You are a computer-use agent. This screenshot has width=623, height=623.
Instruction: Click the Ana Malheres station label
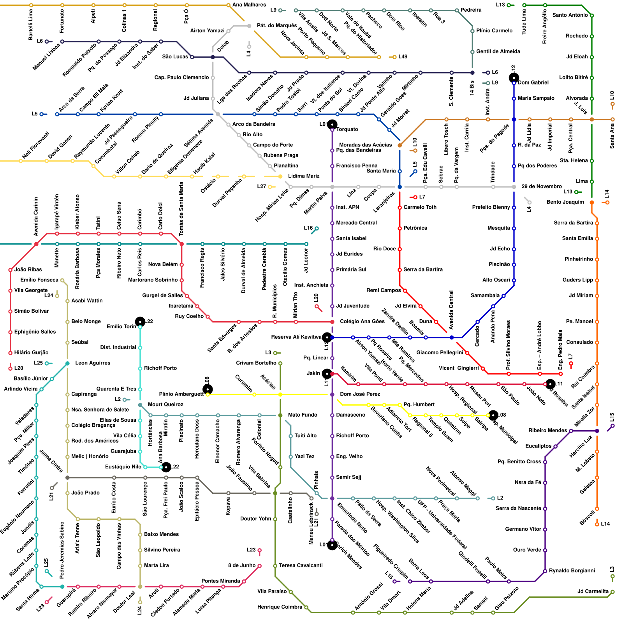(249, 5)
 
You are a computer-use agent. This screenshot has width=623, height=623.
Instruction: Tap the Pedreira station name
(471, 10)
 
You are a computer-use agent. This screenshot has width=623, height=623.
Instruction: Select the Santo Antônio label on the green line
(570, 15)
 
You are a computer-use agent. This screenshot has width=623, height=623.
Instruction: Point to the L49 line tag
(403, 57)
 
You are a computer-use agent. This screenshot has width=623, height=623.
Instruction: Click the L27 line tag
(261, 187)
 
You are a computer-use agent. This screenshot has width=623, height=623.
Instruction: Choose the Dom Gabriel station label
(533, 83)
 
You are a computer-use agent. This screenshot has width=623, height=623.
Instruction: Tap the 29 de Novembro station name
(542, 187)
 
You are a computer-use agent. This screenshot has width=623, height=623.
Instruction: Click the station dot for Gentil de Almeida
(472, 52)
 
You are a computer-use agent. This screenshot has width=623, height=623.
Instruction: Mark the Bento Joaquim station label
(565, 202)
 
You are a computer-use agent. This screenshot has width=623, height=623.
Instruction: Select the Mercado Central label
(356, 223)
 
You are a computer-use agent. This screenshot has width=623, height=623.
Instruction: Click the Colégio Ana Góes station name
(362, 322)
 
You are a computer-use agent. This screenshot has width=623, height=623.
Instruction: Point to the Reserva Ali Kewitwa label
(296, 337)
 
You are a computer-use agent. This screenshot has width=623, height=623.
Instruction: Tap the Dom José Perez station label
(360, 394)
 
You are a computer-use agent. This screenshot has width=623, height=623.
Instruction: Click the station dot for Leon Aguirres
(67, 363)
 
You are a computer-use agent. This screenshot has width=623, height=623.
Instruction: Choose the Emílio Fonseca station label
(39, 280)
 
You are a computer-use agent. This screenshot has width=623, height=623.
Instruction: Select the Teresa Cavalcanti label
(301, 565)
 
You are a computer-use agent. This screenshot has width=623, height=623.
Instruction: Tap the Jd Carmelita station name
(593, 591)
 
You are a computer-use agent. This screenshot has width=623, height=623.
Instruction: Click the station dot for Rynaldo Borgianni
(545, 571)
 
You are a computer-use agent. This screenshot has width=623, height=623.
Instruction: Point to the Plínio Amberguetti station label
(181, 394)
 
